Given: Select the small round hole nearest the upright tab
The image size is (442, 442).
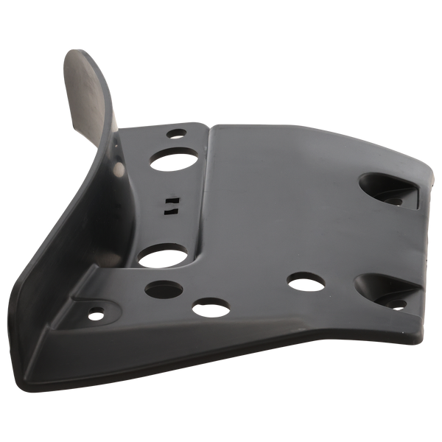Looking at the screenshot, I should tap(177, 135).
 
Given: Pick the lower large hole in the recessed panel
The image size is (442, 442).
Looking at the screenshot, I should tap(162, 257).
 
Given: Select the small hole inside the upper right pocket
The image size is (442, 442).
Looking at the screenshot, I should tap(395, 200).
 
